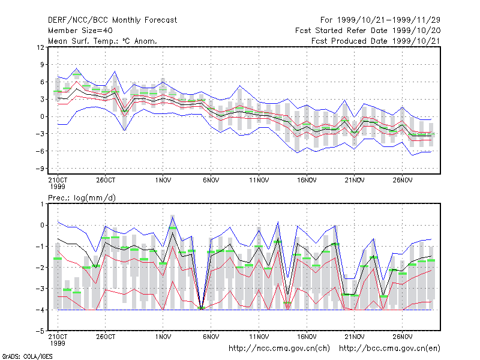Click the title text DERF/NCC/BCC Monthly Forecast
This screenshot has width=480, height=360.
(x=112, y=20)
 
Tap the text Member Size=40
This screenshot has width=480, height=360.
(x=80, y=31)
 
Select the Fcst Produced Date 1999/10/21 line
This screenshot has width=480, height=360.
(x=376, y=41)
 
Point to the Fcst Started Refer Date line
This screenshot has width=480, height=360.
(x=368, y=31)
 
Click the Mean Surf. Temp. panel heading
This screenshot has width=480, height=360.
(x=103, y=41)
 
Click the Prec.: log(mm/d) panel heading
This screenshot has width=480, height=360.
(x=82, y=198)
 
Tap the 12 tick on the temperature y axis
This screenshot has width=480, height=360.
(x=40, y=47)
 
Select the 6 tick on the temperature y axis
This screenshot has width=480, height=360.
(x=42, y=82)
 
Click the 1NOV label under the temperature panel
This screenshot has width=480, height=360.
(x=163, y=181)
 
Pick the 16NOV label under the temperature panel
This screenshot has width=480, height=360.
(x=307, y=181)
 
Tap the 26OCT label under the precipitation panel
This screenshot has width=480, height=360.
(x=106, y=337)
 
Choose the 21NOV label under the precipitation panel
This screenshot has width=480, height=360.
(x=355, y=337)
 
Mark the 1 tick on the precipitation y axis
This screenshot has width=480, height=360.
(x=42, y=204)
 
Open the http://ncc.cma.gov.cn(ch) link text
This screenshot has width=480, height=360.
(x=279, y=349)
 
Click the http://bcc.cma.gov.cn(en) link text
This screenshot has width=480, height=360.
(x=389, y=349)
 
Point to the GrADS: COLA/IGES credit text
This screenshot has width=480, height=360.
(x=27, y=356)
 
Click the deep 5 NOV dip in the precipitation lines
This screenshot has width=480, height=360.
(x=201, y=308)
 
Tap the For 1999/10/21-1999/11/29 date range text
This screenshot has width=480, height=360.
(x=380, y=20)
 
